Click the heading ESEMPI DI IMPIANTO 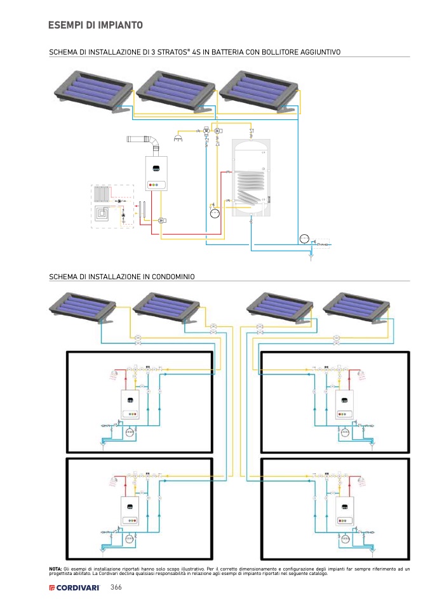tap(95, 25)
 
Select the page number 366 tap(116, 587)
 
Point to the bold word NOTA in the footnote tap(55, 569)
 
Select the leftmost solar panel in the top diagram tap(91, 88)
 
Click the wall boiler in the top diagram tap(156, 174)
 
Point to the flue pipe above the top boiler tap(143, 140)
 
